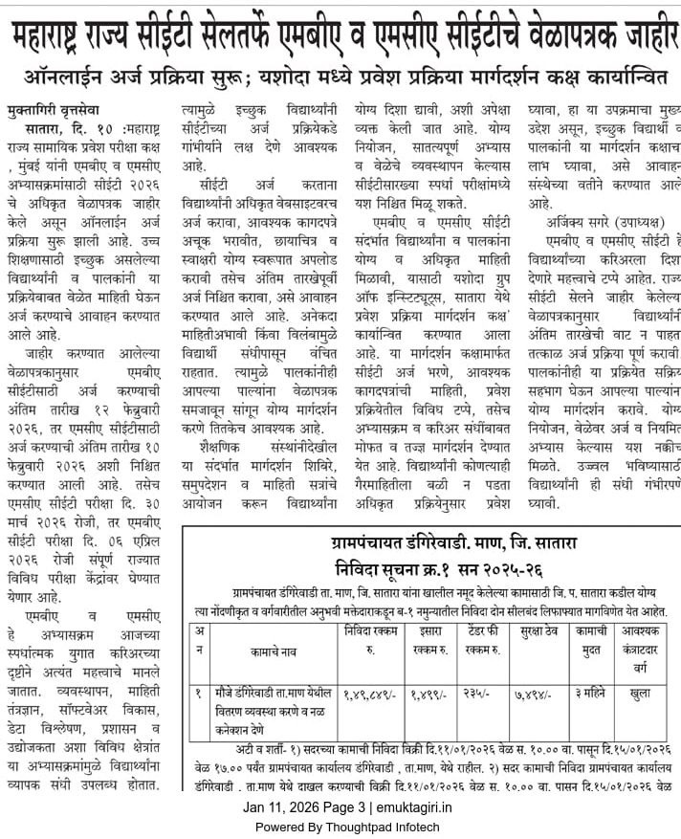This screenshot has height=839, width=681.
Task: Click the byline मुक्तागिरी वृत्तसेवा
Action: click(57, 109)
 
